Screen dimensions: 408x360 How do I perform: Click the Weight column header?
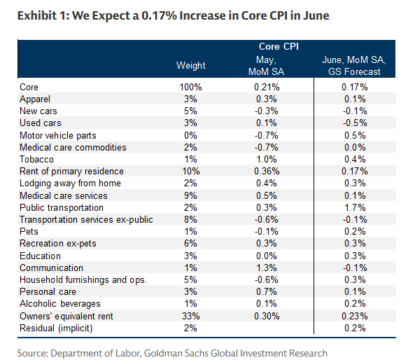[191, 65]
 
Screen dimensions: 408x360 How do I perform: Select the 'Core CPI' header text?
[279, 46]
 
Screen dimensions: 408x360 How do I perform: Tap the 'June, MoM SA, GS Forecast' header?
[354, 66]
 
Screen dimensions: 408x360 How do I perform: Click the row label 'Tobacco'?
[36, 159]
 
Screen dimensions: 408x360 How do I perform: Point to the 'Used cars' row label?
[41, 123]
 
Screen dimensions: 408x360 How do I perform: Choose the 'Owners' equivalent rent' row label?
[66, 316]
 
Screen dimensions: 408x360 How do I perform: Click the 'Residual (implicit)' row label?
[56, 328]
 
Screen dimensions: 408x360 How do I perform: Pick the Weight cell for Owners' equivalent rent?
[191, 316]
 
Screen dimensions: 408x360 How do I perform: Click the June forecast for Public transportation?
[355, 207]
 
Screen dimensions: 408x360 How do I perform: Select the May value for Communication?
[267, 268]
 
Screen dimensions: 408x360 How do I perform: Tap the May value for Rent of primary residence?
[267, 171]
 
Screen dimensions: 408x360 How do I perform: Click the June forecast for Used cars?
[355, 123]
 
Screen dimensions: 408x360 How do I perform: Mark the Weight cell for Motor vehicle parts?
[190, 135]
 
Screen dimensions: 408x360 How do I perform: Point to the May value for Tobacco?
[267, 159]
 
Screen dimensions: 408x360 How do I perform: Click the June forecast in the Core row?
[355, 87]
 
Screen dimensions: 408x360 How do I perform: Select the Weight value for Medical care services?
[190, 195]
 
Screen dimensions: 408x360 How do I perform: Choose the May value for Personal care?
[267, 291]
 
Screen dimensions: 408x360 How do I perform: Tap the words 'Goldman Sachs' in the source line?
[176, 353]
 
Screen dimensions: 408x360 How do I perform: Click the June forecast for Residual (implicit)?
[355, 328]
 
